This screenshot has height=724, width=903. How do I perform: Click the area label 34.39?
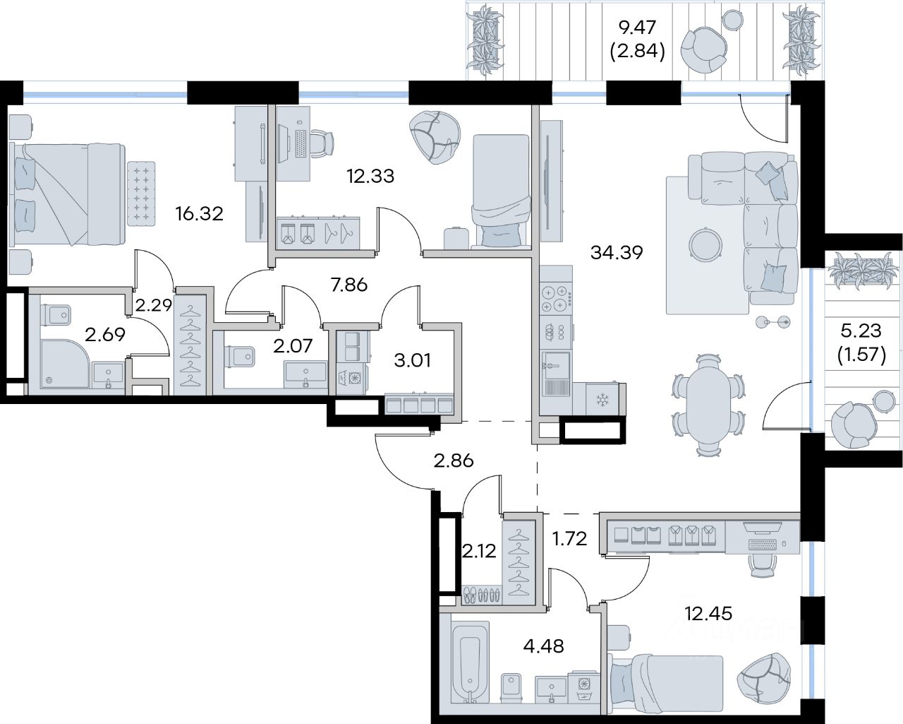tap(617, 253)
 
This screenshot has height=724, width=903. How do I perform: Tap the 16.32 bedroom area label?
tap(200, 214)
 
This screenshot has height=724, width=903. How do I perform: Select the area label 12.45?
tap(708, 614)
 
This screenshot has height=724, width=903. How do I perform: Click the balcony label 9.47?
tap(637, 28)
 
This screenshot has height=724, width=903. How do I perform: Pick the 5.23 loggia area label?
tap(861, 331)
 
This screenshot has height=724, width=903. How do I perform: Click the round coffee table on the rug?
tap(705, 243)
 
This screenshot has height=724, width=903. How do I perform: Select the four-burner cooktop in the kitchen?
tap(556, 299)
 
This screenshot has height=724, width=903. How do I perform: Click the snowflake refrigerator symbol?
tap(602, 400)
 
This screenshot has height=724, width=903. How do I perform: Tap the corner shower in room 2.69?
tap(65, 364)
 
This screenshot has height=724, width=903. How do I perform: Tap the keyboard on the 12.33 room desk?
tap(301, 143)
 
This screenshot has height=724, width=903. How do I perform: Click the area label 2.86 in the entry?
tap(453, 461)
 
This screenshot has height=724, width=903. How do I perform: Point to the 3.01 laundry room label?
tap(413, 360)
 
